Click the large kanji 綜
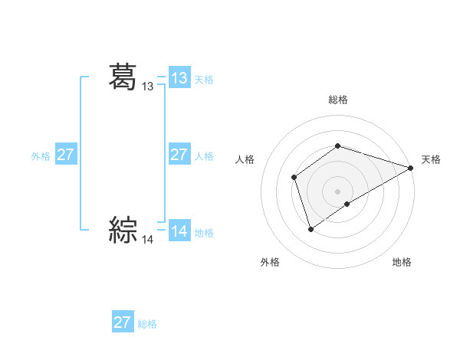[x=123, y=229]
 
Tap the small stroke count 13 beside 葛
[x=148, y=87]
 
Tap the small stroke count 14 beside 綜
[x=148, y=240]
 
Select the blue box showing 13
[x=179, y=78]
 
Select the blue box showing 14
[x=179, y=231]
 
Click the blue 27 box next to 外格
[x=66, y=155]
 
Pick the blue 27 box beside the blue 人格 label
[x=179, y=155]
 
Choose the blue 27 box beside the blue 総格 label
[x=122, y=322]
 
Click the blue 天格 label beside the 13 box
[x=204, y=80]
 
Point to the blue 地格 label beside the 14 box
[x=204, y=233]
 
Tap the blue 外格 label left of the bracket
[x=41, y=156]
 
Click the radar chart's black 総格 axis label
[x=337, y=100]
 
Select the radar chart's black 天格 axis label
[x=431, y=159]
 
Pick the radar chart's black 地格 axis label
[x=402, y=262]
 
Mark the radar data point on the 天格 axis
[x=411, y=168]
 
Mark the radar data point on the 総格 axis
[x=337, y=146]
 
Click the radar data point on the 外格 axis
[x=310, y=228]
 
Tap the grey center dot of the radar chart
[x=337, y=191]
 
